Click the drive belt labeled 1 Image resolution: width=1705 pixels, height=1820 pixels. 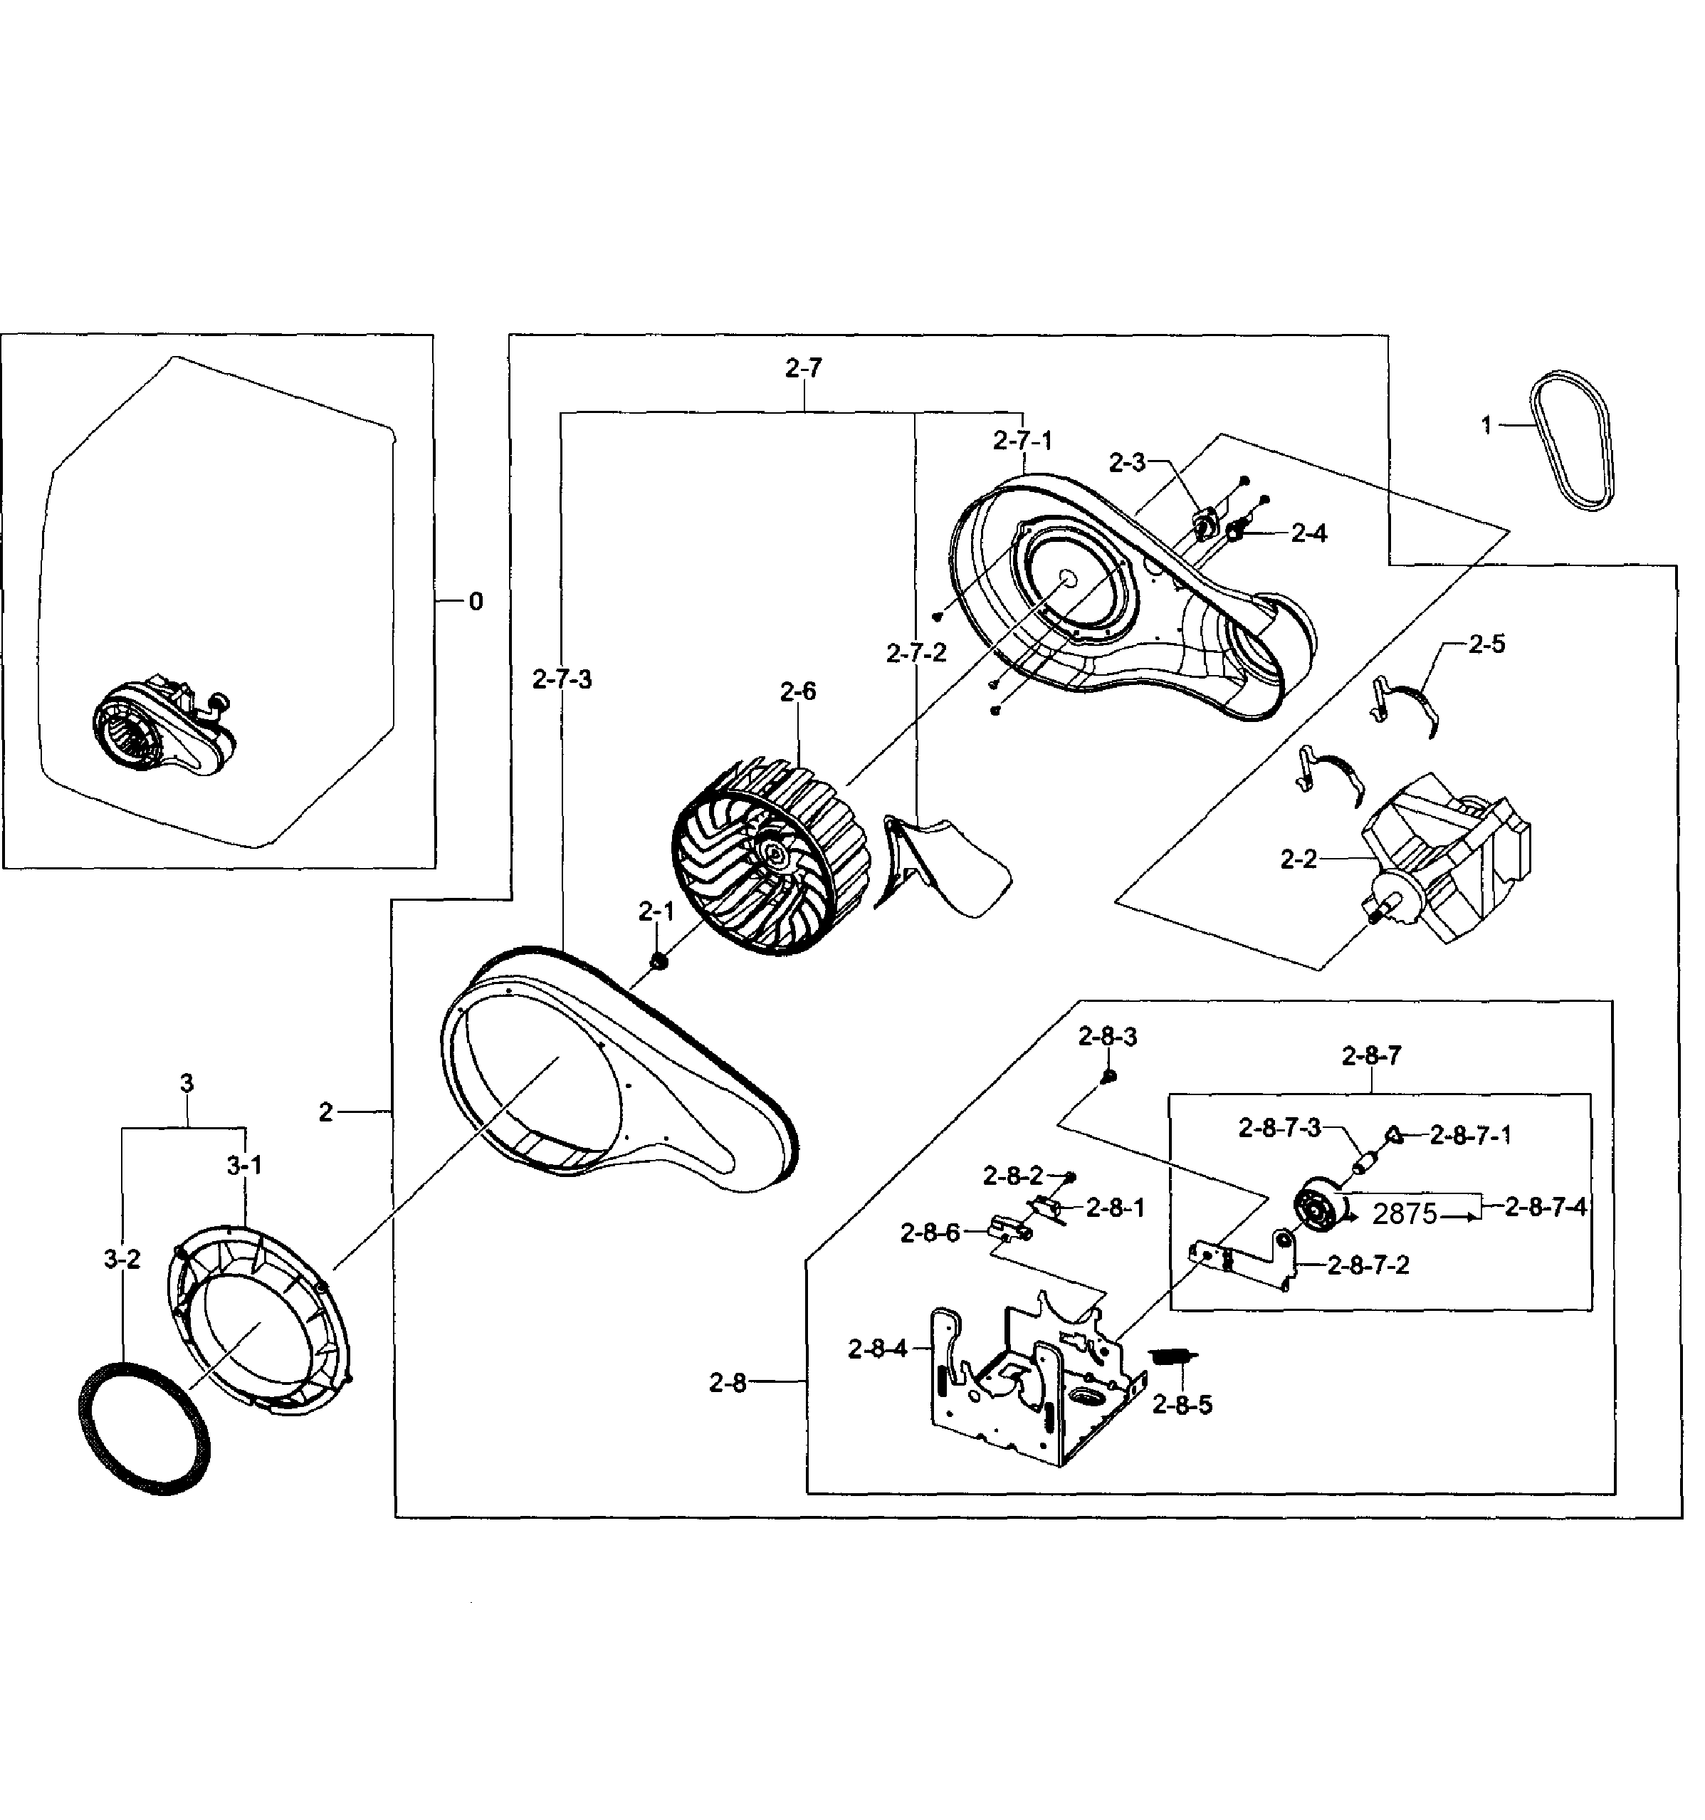(x=1574, y=441)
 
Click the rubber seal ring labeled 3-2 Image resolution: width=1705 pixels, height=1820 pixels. (x=145, y=1429)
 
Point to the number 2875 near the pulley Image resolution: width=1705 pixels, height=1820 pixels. (x=1405, y=1214)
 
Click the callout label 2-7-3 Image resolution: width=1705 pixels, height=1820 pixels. (x=562, y=679)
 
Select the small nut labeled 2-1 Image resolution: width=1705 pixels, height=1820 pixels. (x=657, y=961)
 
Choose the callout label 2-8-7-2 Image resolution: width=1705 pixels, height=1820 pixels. (x=1368, y=1265)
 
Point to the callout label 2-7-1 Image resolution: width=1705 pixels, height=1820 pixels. (x=1023, y=440)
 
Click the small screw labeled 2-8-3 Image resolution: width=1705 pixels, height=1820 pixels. (x=1108, y=1077)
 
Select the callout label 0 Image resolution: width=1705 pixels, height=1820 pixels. (x=475, y=602)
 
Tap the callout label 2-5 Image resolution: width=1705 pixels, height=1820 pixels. (x=1486, y=644)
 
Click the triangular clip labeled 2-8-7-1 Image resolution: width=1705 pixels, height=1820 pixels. (x=1394, y=1134)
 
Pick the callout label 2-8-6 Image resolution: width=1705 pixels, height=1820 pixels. (x=930, y=1233)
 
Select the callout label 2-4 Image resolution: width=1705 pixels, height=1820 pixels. (x=1308, y=533)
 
